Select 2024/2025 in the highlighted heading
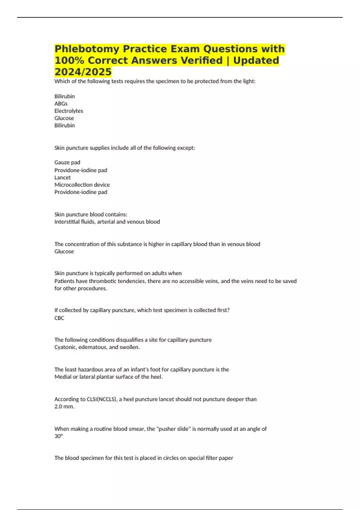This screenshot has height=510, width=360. (x=83, y=72)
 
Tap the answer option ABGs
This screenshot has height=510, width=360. (x=61, y=103)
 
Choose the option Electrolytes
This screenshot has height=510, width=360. (x=69, y=111)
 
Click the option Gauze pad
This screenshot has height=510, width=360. (x=67, y=162)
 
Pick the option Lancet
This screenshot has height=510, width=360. (x=62, y=177)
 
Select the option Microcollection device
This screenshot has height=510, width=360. (x=82, y=185)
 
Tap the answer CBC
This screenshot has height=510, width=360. (x=59, y=318)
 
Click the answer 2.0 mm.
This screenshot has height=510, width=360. (x=64, y=406)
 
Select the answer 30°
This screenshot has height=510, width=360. (x=58, y=436)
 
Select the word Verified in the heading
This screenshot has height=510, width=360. (x=198, y=61)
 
